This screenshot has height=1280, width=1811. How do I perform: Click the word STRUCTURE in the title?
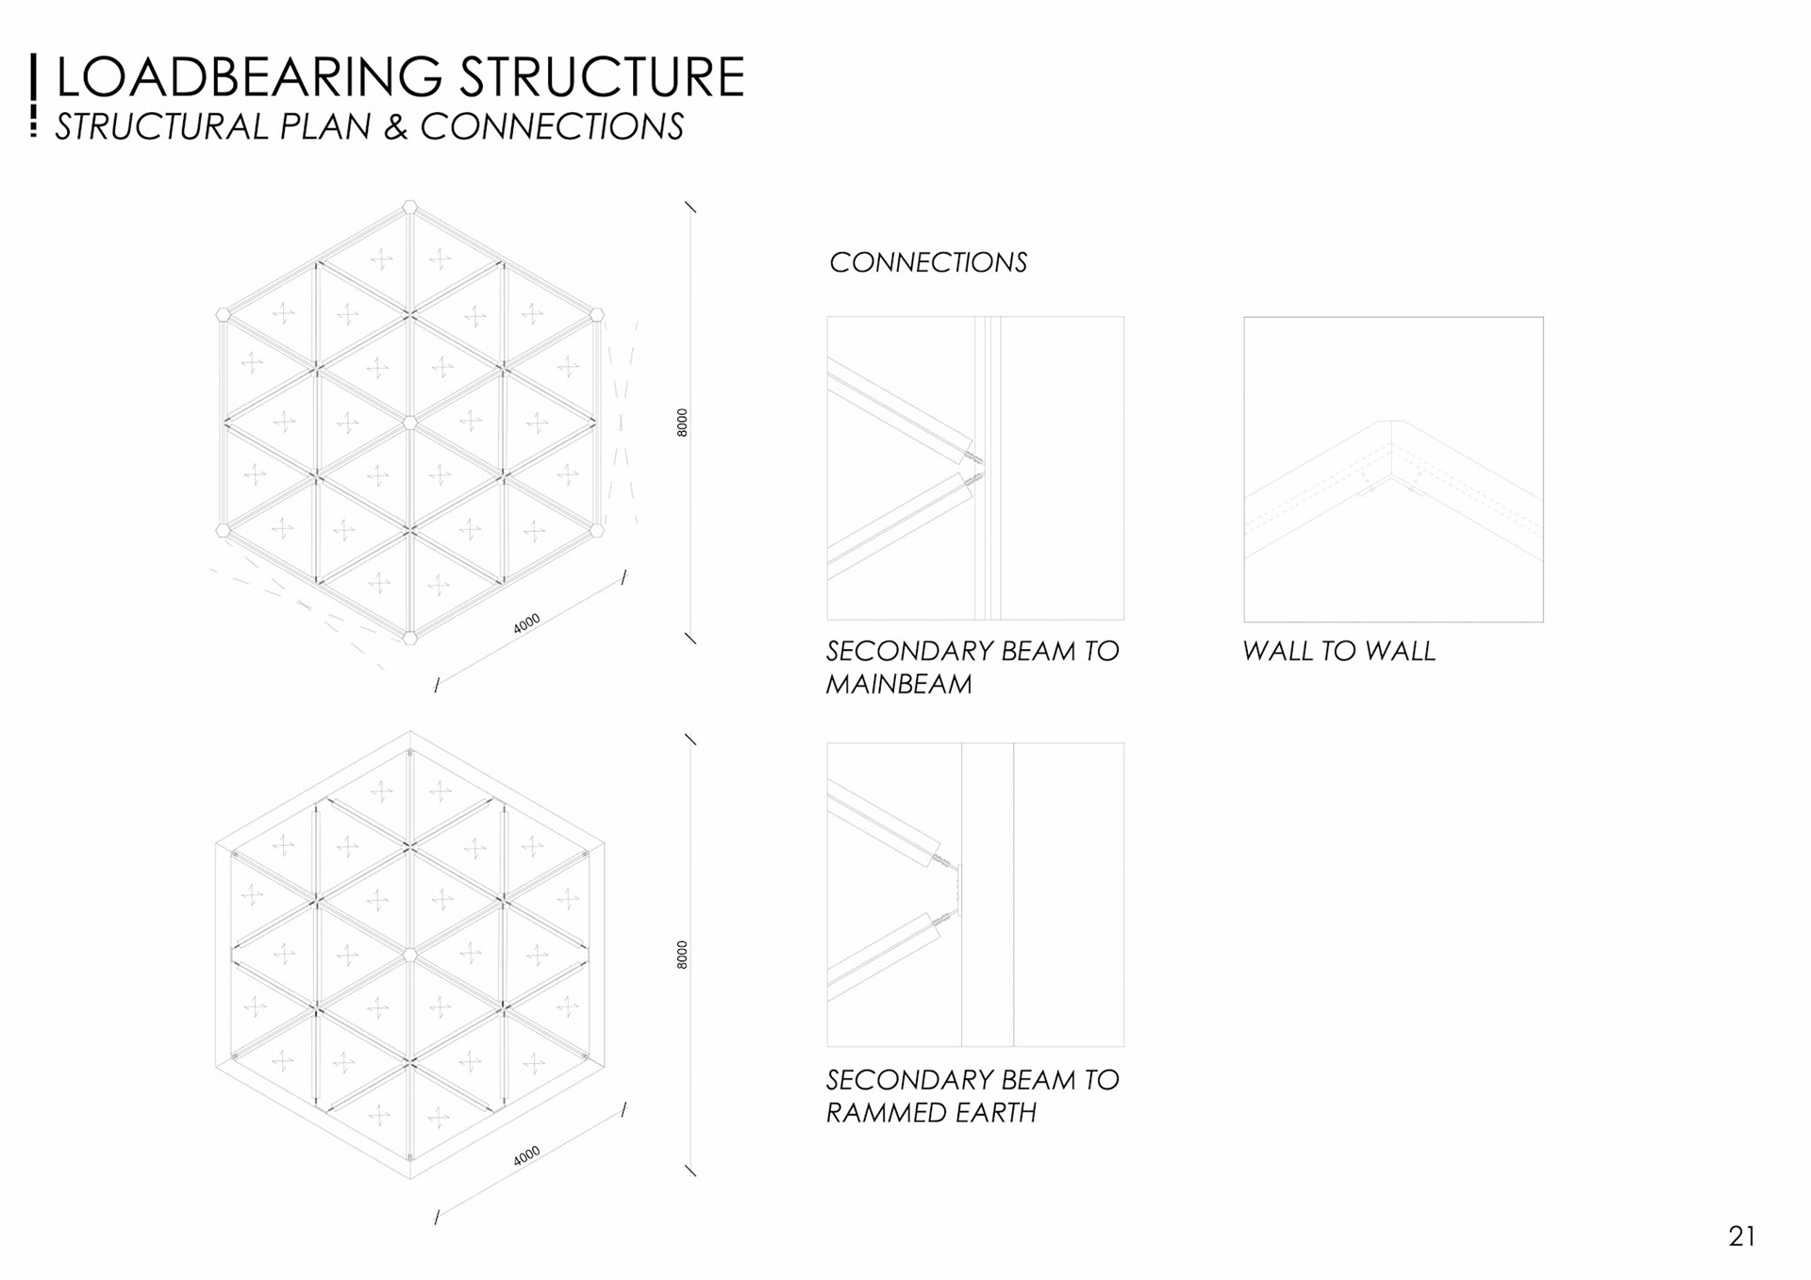point(603,77)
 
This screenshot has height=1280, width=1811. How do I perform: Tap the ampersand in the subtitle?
point(395,127)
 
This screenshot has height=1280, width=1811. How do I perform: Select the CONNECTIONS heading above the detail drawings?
point(928,262)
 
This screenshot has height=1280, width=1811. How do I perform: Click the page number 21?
point(1741,1237)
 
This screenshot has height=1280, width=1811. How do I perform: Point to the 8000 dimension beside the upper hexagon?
point(683,423)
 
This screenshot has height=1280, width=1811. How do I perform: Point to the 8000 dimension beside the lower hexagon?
point(683,955)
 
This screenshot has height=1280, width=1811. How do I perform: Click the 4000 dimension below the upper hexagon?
point(526,623)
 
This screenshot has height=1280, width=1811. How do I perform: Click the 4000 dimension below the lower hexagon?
point(526,1155)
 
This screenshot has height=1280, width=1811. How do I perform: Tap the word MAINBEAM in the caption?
point(899,685)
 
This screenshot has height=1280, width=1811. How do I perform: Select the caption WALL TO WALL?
point(1338,651)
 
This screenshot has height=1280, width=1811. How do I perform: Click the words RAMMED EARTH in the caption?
point(931,1113)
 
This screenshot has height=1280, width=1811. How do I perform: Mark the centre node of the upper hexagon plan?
point(409,423)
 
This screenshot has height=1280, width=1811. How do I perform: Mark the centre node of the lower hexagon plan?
point(409,956)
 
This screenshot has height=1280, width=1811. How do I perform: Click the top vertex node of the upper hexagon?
point(409,208)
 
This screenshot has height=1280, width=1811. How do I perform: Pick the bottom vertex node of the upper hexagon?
point(409,638)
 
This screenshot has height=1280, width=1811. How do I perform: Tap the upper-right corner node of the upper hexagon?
point(596,315)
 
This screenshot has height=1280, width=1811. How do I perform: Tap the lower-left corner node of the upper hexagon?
point(224,530)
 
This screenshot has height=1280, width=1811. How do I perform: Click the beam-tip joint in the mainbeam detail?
point(977,469)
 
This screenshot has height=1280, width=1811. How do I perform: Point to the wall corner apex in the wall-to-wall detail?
point(1392,422)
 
